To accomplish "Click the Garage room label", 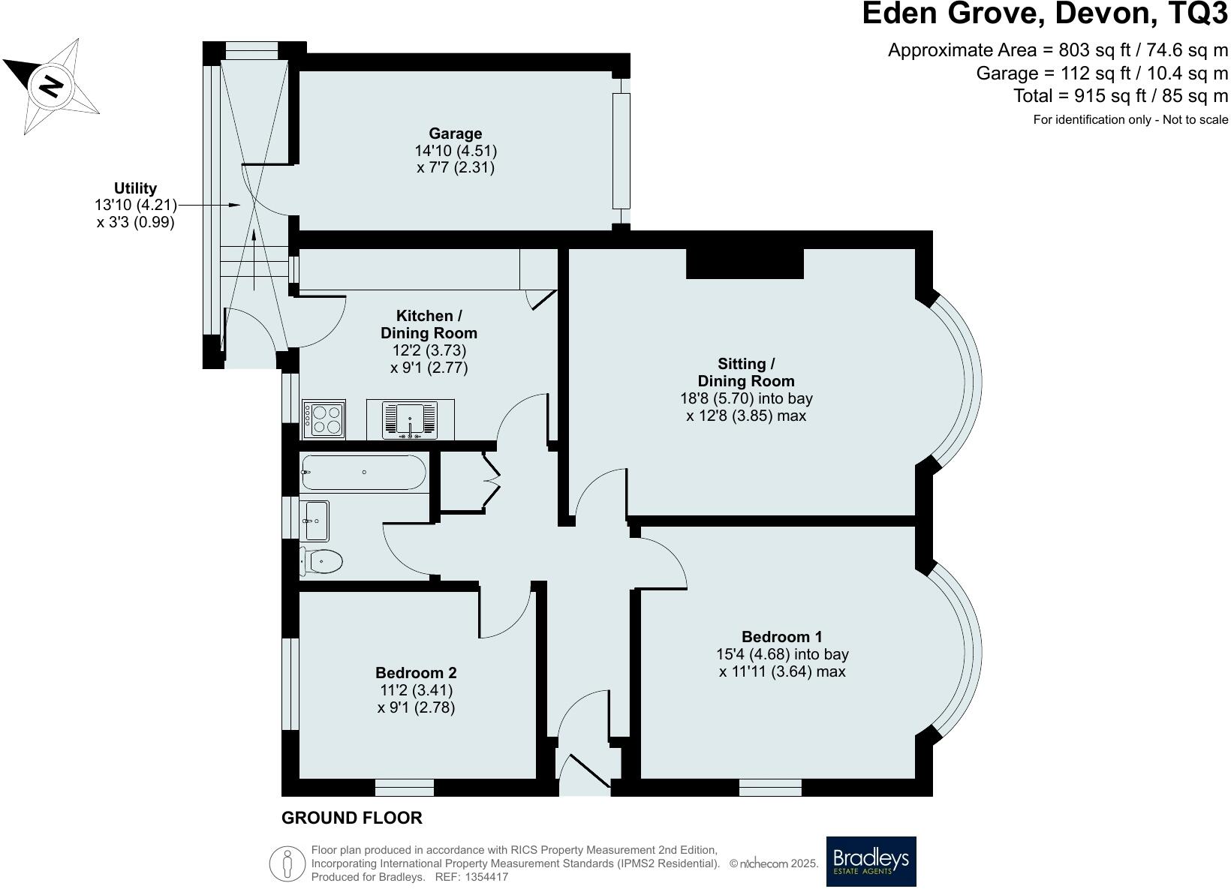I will coord(455,134).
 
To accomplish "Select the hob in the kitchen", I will coord(324,419).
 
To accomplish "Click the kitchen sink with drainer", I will coord(410,419).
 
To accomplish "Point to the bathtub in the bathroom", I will coord(363,473).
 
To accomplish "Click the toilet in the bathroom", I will coord(323,560).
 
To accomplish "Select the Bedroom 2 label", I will coord(416,673).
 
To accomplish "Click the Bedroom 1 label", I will coord(782,637).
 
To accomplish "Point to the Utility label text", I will coord(135,188).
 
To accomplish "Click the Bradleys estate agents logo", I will coord(871,861).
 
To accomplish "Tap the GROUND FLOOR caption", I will coord(351,818).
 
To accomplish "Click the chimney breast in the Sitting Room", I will coord(745,263).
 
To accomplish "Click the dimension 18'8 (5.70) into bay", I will coord(746,398).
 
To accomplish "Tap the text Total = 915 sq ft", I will coord(1120,96).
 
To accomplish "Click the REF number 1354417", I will coord(487,876).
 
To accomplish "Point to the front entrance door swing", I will coord(589,773).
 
